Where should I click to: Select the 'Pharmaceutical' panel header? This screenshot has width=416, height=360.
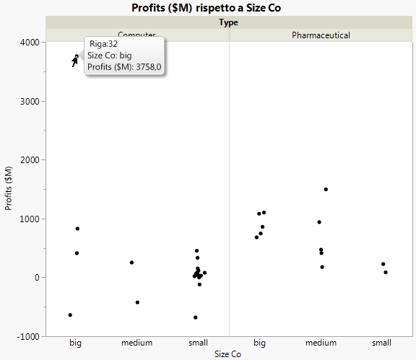click(321, 35)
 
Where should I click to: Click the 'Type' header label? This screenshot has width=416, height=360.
click(229, 22)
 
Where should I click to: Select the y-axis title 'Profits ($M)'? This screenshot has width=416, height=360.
click(9, 188)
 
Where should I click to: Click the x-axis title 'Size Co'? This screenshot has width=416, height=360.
click(229, 354)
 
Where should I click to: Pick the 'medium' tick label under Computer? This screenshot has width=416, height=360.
click(136, 343)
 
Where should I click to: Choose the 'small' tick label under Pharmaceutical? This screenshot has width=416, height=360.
click(382, 343)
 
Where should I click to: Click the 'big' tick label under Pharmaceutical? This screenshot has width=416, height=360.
click(259, 343)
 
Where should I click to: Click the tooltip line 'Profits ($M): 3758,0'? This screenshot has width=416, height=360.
click(123, 67)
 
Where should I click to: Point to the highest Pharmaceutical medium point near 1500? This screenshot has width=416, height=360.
click(326, 189)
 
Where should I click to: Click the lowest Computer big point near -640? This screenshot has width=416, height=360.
click(70, 315)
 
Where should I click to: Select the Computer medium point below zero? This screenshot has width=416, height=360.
click(137, 302)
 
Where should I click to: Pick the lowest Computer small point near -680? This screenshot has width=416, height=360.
click(195, 317)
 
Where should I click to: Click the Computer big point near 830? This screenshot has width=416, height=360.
click(77, 229)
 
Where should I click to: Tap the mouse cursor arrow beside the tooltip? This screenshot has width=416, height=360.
click(74, 61)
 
